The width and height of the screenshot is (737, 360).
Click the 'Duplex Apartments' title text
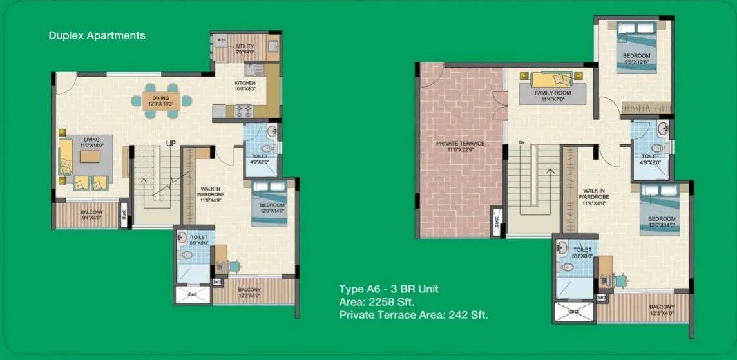97,35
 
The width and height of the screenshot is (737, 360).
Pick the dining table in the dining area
161,103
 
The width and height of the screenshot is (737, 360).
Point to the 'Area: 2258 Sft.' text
377,301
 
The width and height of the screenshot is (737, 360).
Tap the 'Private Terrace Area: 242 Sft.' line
413,315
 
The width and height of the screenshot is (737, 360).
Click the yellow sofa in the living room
65,156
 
